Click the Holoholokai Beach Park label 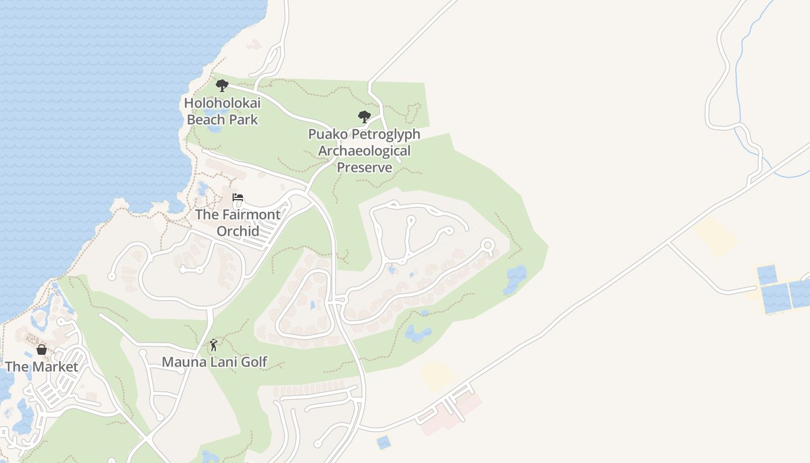click(222, 112)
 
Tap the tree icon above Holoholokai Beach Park click(222, 86)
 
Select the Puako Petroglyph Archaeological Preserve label click(364, 151)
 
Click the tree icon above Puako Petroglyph click(364, 117)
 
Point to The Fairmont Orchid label click(237, 223)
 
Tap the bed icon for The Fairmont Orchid click(237, 197)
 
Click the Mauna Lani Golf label click(214, 362)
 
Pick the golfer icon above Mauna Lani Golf click(214, 345)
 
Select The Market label click(42, 367)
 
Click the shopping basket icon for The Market click(42, 350)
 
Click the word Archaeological click(365, 151)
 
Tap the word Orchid click(237, 231)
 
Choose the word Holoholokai click(222, 104)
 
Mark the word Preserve click(365, 168)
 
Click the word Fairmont click(250, 215)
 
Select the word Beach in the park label click(205, 120)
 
